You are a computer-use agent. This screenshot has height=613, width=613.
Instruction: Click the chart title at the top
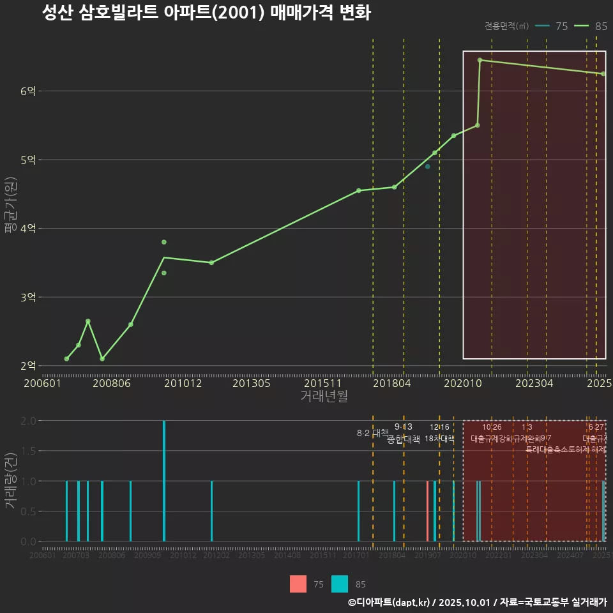tap(206, 13)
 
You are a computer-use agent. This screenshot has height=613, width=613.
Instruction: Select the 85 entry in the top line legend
tap(591, 26)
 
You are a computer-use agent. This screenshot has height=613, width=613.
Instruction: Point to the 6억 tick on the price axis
tap(27, 91)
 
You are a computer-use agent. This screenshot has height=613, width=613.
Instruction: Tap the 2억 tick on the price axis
tap(27, 366)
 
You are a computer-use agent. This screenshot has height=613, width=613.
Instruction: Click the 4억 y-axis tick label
tap(27, 229)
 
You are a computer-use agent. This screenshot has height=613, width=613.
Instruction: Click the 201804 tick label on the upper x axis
tap(391, 384)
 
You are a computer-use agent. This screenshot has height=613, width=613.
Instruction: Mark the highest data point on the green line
tap(480, 60)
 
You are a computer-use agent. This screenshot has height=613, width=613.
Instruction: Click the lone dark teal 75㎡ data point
tap(427, 167)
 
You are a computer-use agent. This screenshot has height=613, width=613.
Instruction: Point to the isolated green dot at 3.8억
tap(164, 242)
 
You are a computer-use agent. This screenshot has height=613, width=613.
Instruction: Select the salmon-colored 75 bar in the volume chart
tap(427, 511)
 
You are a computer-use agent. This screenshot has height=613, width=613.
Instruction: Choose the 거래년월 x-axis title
tap(324, 397)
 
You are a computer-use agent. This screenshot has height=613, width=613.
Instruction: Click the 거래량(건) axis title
tap(10, 480)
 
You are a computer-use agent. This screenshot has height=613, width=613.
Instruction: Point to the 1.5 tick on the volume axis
tap(27, 451)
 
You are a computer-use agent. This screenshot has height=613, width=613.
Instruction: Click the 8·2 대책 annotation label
tap(372, 433)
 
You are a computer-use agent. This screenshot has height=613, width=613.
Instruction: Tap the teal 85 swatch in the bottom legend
tap(340, 584)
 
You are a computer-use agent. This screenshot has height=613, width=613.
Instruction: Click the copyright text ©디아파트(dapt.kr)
tap(389, 602)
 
